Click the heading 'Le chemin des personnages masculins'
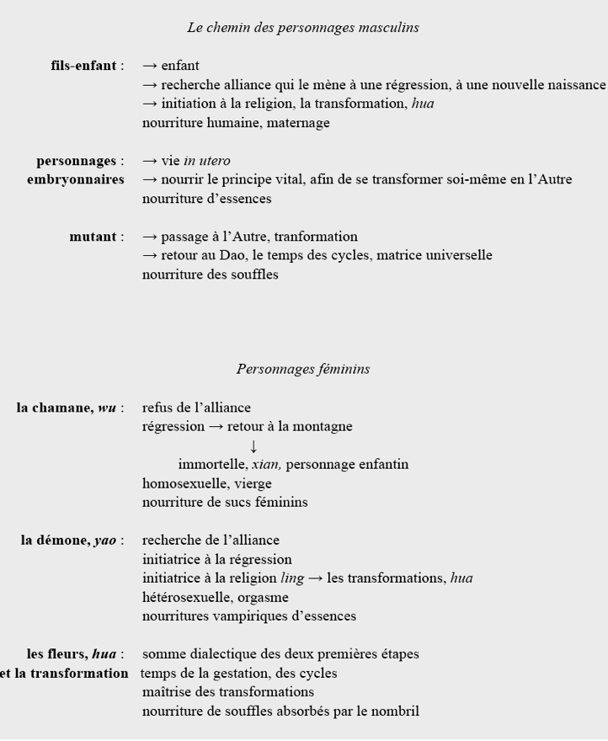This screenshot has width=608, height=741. (x=302, y=28)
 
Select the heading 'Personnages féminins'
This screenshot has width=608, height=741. (x=302, y=369)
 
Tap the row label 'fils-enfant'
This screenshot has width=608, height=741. (x=83, y=66)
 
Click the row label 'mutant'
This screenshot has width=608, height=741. (x=92, y=237)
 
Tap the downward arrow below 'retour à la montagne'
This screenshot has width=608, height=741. (x=253, y=445)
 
